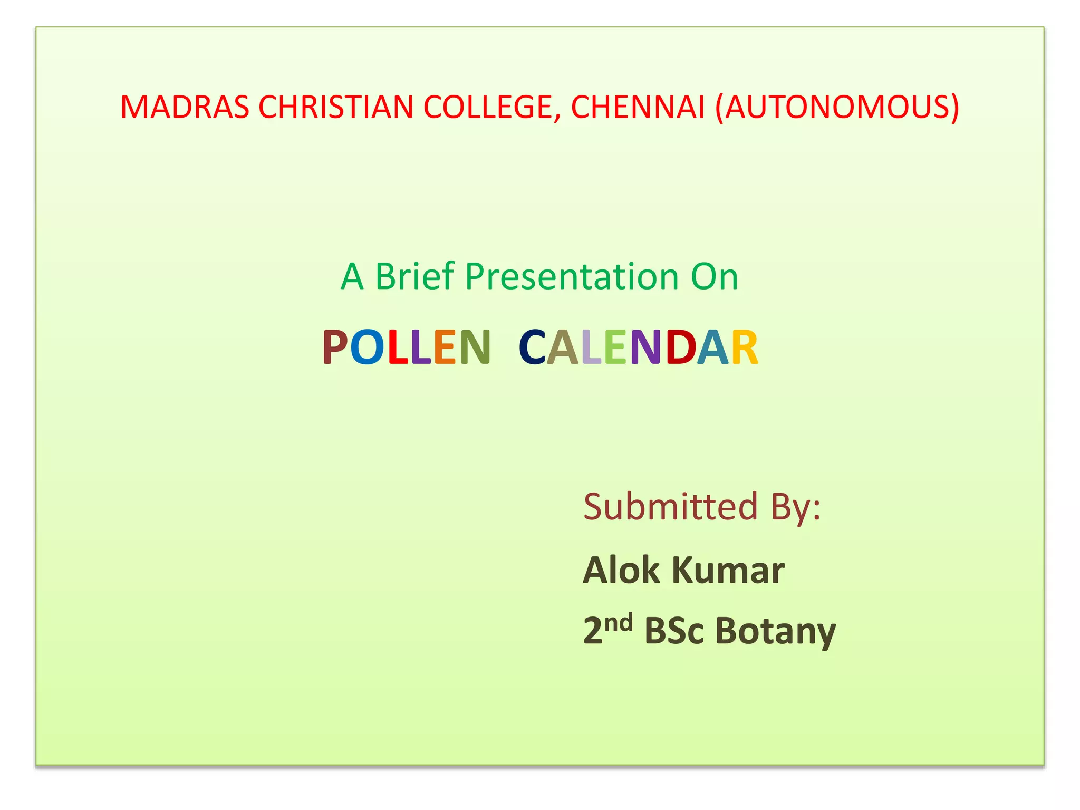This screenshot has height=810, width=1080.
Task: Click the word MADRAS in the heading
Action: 185,107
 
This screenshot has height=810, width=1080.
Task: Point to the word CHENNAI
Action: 638,107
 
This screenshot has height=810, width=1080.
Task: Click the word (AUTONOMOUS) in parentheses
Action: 837,107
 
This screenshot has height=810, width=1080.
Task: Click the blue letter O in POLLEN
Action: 367,347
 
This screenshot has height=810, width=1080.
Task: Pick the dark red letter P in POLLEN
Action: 334,347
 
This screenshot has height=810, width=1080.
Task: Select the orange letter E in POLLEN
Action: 445,347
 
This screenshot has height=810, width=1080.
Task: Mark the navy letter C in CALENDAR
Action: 532,347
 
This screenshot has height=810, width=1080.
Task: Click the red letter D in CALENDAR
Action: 680,347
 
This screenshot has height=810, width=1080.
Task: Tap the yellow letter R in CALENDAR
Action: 745,347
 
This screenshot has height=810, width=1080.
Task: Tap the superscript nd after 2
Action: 618,623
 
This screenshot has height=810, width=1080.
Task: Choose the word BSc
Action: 673,631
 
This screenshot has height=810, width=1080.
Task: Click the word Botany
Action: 775,632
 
